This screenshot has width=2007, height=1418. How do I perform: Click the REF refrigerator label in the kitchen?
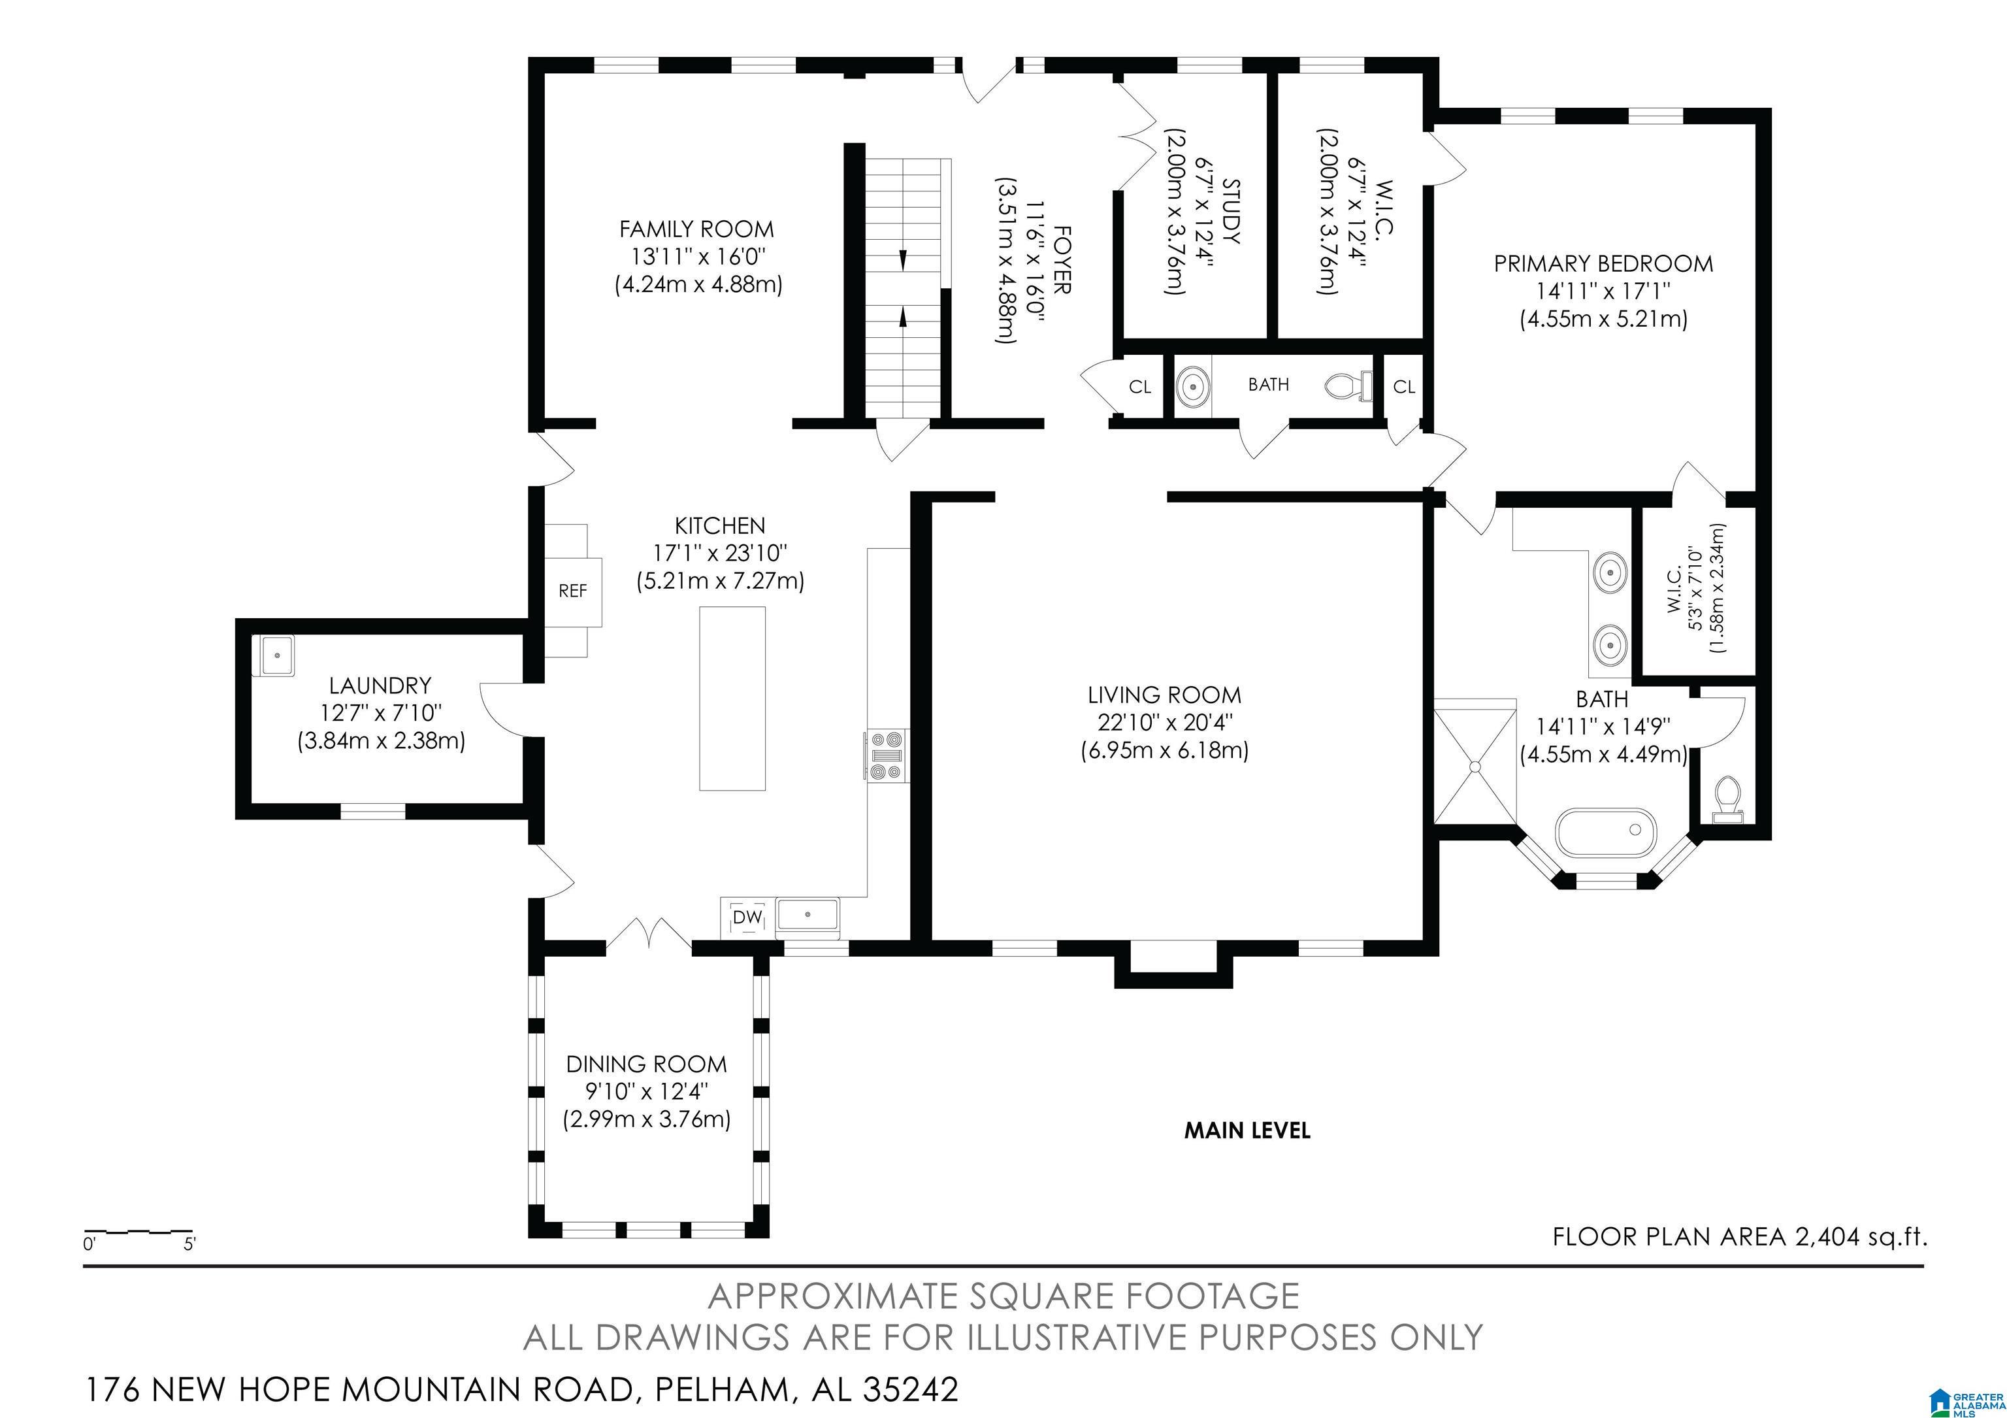pyautogui.click(x=572, y=591)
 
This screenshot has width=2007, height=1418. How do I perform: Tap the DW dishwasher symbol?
pyautogui.click(x=747, y=917)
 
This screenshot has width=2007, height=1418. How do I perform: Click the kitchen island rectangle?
pyautogui.click(x=732, y=699)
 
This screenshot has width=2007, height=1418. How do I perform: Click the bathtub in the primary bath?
pyautogui.click(x=1607, y=833)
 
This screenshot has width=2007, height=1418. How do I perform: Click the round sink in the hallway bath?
pyautogui.click(x=1192, y=386)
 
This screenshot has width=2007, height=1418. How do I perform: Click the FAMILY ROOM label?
pyautogui.click(x=696, y=229)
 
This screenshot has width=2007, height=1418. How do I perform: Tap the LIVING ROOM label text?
pyautogui.click(x=1164, y=695)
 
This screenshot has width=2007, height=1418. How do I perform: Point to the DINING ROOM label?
pyautogui.click(x=646, y=1064)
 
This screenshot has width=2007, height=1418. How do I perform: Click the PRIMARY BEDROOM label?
pyautogui.click(x=1603, y=263)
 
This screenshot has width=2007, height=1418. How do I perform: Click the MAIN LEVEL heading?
pyautogui.click(x=1247, y=1130)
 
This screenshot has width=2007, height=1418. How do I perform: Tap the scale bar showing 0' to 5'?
pyautogui.click(x=138, y=1236)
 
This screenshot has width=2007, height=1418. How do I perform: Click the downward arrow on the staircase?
pyautogui.click(x=902, y=259)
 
